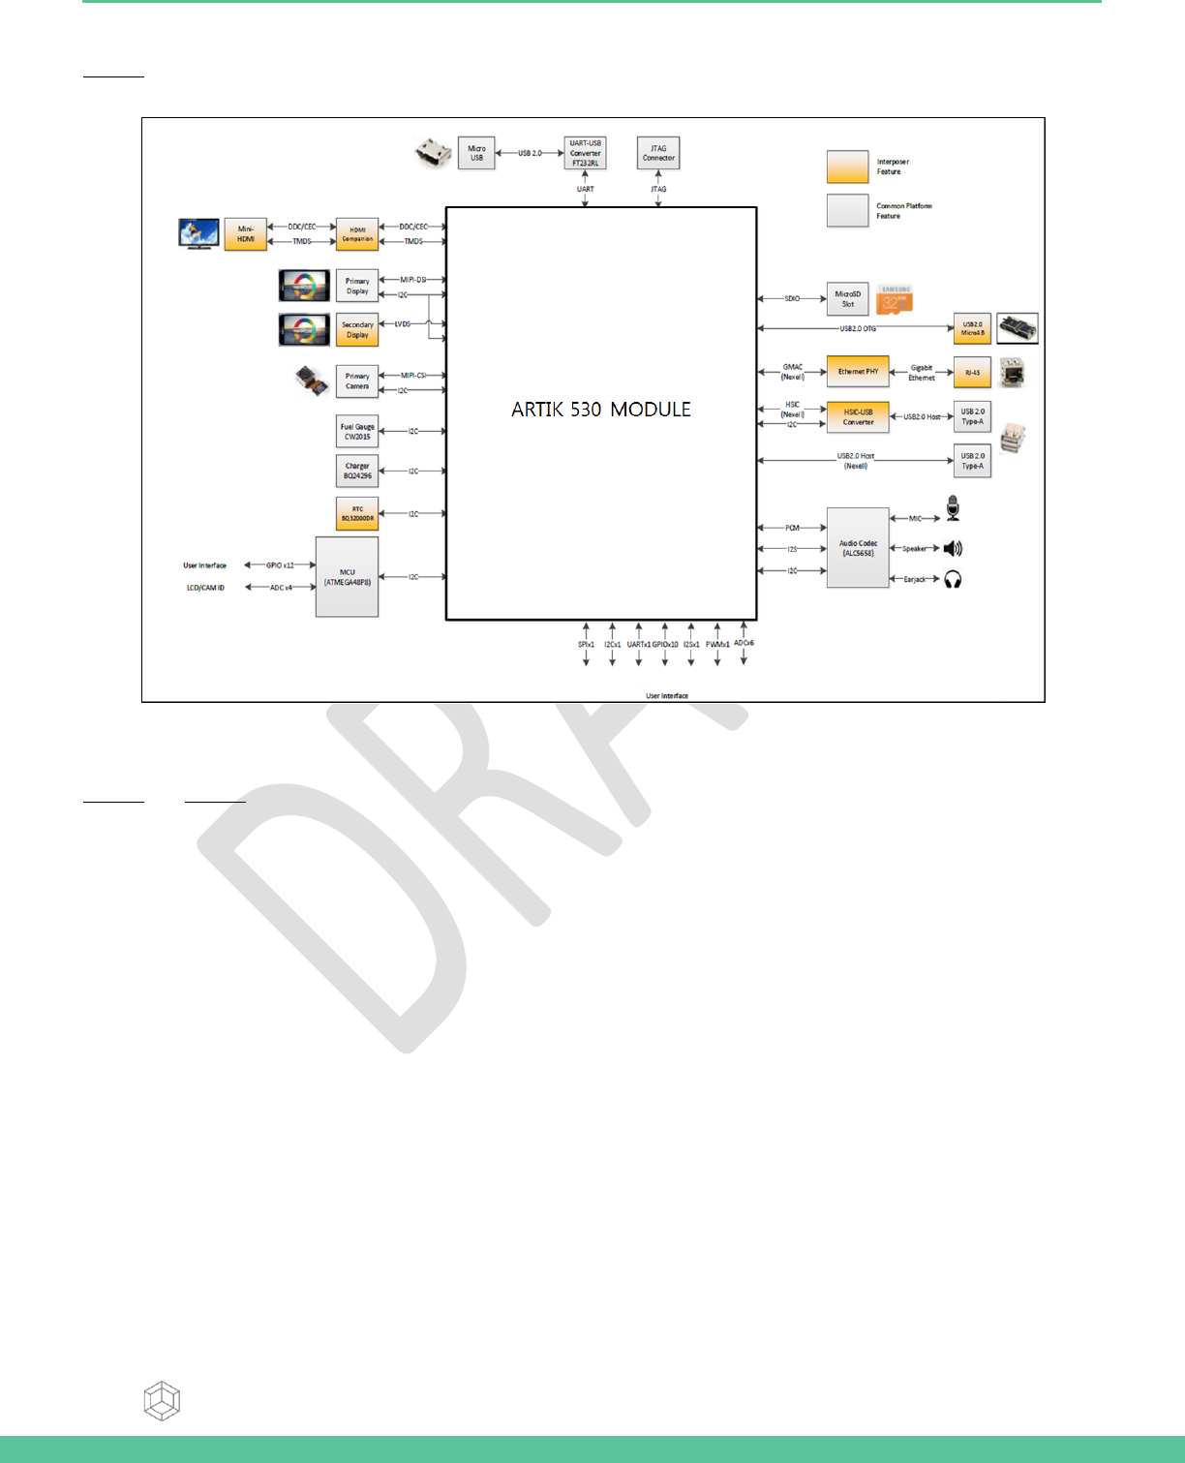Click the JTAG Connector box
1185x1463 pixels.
tap(658, 153)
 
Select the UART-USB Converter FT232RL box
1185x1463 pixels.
tap(585, 153)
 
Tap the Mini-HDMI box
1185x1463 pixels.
tap(246, 234)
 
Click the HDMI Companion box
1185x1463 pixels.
tap(357, 234)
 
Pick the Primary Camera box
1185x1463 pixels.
tap(357, 381)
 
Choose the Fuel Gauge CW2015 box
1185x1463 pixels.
tap(357, 432)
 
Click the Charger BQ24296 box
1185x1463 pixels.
tap(357, 472)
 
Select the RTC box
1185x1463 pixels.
tap(357, 513)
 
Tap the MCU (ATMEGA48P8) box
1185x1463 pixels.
tap(347, 577)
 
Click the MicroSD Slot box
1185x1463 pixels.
tap(847, 299)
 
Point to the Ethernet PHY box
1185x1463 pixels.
tap(858, 372)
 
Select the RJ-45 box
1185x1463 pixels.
tap(972, 373)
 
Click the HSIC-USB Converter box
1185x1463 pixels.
tap(858, 417)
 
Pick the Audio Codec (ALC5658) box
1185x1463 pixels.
tap(858, 548)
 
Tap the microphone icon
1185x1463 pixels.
tap(953, 508)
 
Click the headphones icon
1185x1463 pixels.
tap(953, 580)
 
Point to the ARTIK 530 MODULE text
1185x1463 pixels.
tap(601, 410)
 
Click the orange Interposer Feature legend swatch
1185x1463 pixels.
tap(847, 167)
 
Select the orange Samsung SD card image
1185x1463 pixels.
tap(894, 300)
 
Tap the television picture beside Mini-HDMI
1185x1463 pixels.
tap(198, 233)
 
